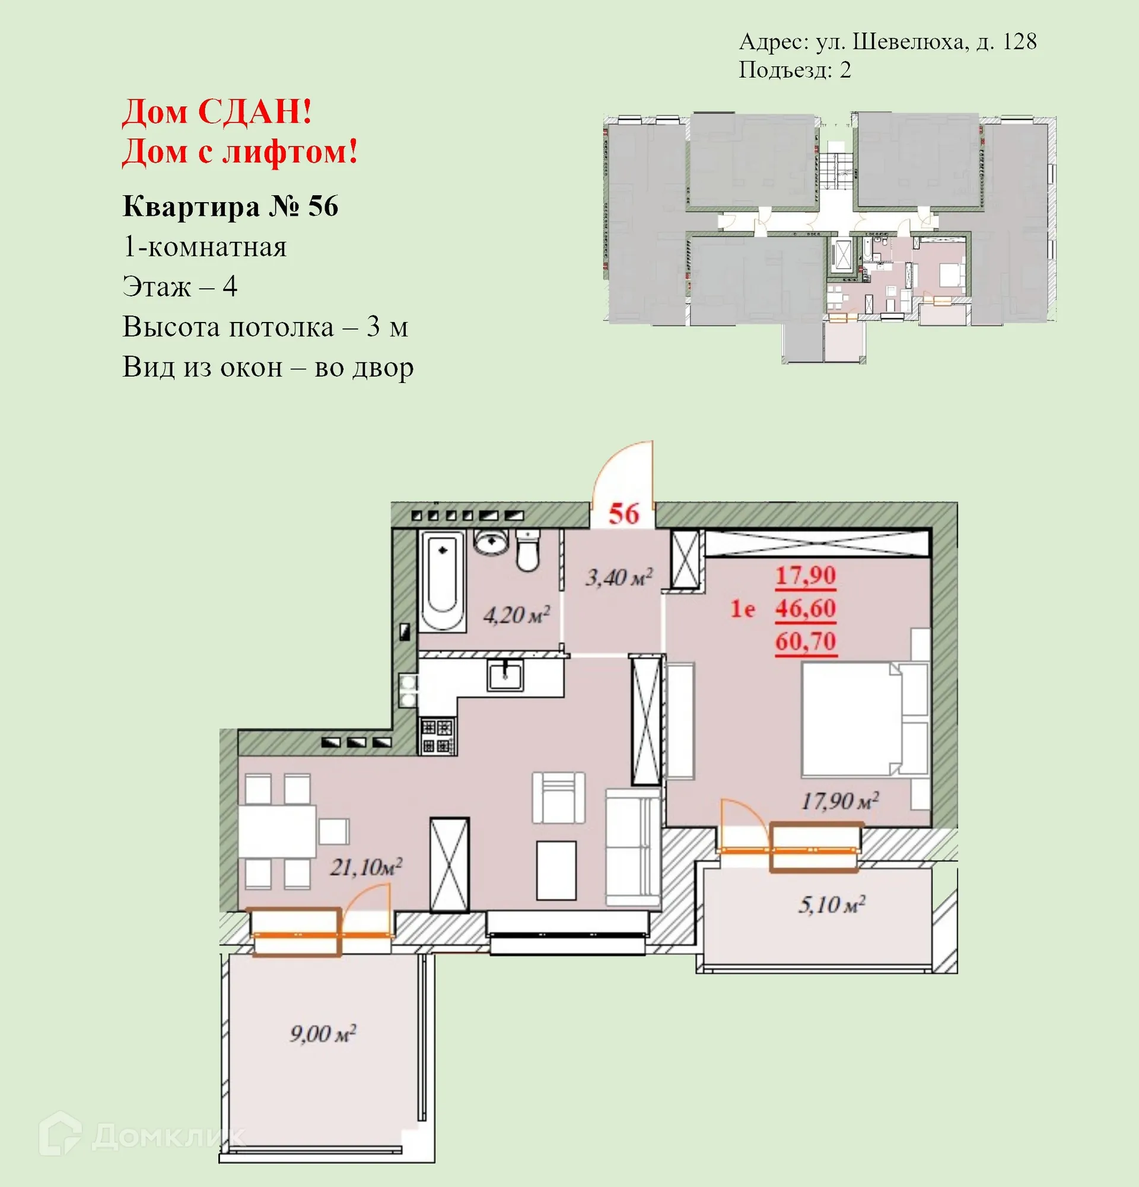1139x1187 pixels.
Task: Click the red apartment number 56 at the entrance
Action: [x=623, y=513]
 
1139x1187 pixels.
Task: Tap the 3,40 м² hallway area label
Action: [x=618, y=577]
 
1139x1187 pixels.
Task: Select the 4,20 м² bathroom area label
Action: [x=516, y=615]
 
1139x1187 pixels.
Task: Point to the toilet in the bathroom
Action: [x=528, y=551]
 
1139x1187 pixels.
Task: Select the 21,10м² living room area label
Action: [x=366, y=867]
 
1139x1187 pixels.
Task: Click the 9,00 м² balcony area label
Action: [x=322, y=1033]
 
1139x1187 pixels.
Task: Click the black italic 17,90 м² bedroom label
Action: [x=839, y=801]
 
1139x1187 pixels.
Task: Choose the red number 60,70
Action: [x=806, y=641]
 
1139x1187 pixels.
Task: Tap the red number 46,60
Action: [x=806, y=608]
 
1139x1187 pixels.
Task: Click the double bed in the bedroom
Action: [x=860, y=719]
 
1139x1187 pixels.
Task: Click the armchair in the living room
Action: [x=559, y=797]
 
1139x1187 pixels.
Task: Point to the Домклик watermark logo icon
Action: [x=61, y=1132]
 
